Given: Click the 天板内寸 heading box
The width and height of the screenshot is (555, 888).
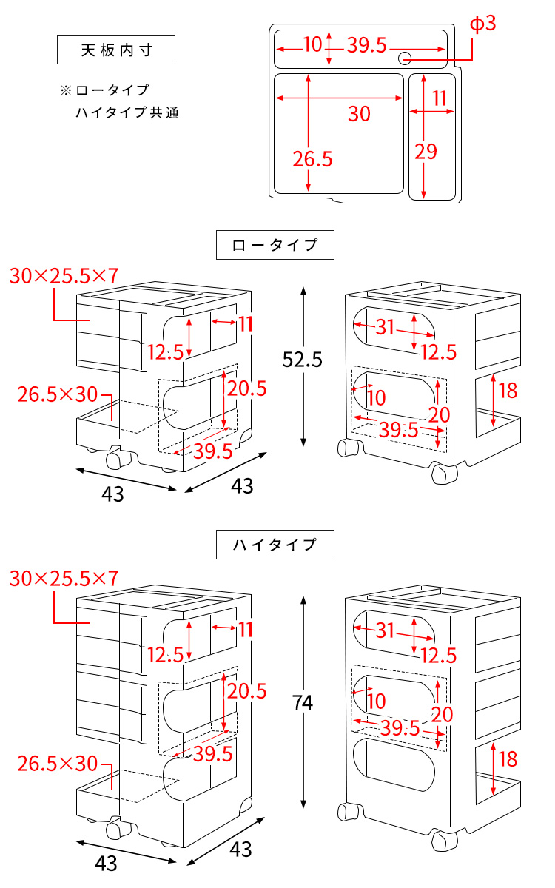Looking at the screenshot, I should point(116,50).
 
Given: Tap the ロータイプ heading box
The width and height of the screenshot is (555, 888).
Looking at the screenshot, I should point(275,245).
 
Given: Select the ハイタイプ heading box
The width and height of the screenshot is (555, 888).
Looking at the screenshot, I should point(275,545).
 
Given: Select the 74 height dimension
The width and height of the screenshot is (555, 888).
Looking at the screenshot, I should point(302,703).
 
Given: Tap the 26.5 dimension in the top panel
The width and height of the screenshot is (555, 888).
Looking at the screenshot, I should point(312,158).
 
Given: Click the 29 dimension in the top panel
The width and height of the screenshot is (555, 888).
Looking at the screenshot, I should point(425,152).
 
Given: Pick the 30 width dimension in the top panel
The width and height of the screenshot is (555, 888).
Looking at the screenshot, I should point(359,114).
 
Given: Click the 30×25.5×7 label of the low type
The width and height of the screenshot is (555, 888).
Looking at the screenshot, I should point(64,276).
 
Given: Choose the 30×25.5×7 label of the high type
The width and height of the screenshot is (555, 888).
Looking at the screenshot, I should point(64,579).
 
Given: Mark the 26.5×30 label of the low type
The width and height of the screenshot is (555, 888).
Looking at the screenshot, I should point(58,394).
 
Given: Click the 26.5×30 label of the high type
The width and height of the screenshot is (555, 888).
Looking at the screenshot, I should point(58,762).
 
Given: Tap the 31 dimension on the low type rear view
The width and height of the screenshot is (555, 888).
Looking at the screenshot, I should point(385,326).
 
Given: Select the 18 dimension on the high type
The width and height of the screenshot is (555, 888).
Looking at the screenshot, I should point(508,758).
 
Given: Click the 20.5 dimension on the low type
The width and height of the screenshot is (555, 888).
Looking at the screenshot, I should point(246,388).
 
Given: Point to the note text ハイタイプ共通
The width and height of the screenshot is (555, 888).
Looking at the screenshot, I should point(127,113).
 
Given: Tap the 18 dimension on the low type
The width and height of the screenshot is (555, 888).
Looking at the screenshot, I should point(508,390).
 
